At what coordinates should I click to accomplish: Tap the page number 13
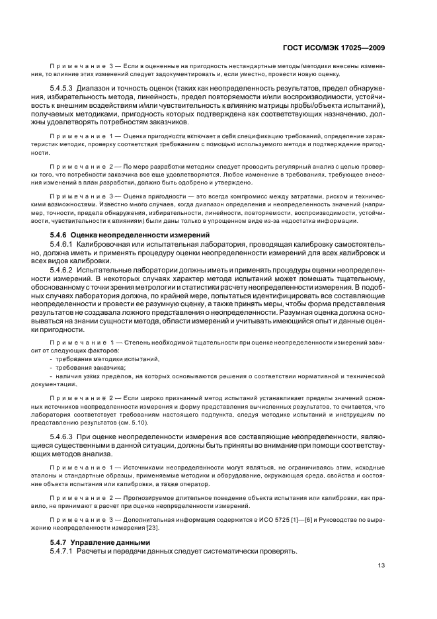[x=381, y=565]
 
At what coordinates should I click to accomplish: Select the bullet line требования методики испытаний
[x=103, y=358]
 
